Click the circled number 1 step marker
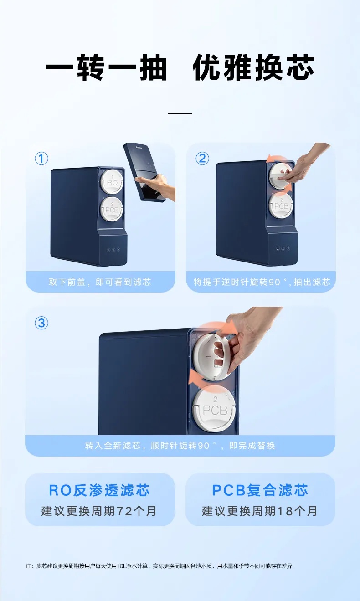point(41,158)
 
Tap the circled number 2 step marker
point(202,158)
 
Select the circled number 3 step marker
point(41,323)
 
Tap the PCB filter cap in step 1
point(112,209)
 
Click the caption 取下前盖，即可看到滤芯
point(100,282)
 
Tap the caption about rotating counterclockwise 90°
point(262,282)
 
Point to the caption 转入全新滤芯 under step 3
point(180,446)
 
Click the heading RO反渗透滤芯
point(99,490)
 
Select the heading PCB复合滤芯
point(260,490)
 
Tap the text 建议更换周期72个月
point(99,511)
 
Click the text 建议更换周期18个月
point(260,511)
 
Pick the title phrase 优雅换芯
point(253,67)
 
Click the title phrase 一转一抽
point(107,67)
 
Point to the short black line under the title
point(180,113)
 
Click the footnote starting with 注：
point(159,566)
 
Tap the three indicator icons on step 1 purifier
point(113,250)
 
